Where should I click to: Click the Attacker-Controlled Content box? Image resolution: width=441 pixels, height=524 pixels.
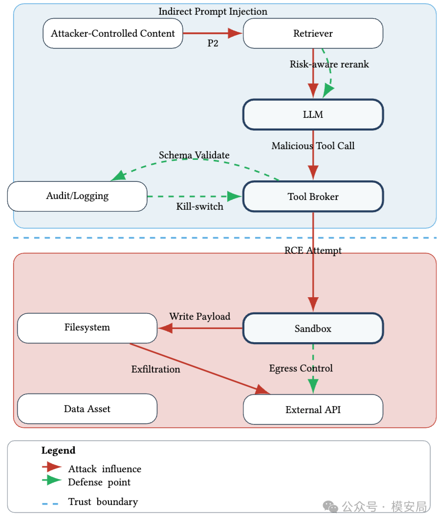pos(112,33)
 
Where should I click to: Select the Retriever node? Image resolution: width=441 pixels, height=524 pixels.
pos(313,33)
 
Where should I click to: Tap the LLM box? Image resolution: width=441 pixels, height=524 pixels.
pos(313,114)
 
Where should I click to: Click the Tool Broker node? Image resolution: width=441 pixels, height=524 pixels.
pos(313,196)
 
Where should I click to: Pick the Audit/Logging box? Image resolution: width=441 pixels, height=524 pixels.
pos(77,196)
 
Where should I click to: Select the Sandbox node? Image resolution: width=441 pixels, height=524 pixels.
pos(313,328)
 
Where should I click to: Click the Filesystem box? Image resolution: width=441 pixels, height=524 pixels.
pos(87,328)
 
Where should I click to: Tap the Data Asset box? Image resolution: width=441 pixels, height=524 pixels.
pos(87,409)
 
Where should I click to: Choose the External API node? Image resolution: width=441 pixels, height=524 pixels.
pos(313,410)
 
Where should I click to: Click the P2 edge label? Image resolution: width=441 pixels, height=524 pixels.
pos(213,44)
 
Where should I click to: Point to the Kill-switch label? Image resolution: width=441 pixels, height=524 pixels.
pos(199,207)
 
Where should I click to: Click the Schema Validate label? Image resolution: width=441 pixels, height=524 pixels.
pos(194,155)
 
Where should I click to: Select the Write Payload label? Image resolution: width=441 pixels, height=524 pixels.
pos(199,316)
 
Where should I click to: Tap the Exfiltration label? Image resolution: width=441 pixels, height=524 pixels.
pos(155,369)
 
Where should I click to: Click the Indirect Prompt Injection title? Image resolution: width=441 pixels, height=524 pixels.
pos(213,11)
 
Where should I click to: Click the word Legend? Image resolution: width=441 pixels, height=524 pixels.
pos(58,451)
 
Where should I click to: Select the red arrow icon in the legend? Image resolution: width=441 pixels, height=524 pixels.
pos(52,467)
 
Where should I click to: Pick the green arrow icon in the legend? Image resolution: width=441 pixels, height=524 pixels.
pos(52,480)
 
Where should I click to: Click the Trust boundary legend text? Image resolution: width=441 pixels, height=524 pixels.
pos(103,502)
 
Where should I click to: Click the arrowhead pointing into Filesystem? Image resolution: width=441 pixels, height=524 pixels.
pos(165,328)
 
